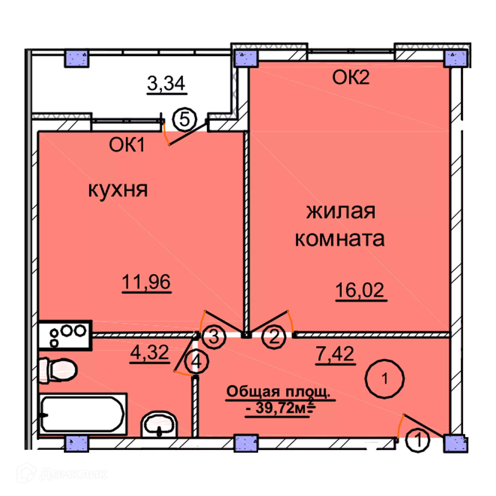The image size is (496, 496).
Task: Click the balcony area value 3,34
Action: tap(166, 83)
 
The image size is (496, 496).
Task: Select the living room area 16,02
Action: tap(360, 290)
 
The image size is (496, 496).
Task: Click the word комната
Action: tap(340, 239)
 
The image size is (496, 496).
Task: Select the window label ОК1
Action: tap(127, 145)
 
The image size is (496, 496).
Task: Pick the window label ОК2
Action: tap(351, 77)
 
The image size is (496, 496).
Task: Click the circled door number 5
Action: tap(184, 120)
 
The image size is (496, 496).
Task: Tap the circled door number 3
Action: tap(214, 337)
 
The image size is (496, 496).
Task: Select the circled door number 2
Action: tap(274, 337)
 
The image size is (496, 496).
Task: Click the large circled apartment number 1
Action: tap(384, 379)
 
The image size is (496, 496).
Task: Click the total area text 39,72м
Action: tap(280, 408)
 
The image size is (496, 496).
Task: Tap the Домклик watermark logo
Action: tap(62, 474)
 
